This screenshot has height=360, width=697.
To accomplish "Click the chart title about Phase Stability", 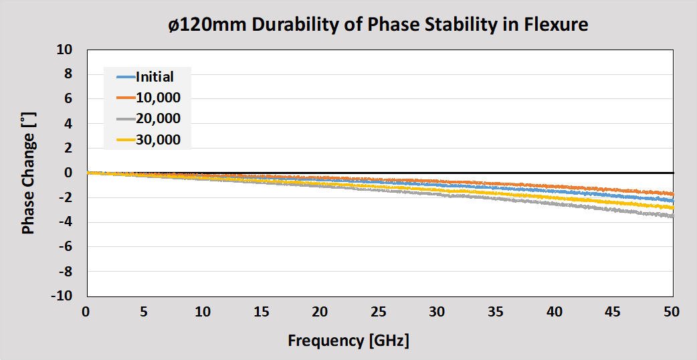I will [x=378, y=25].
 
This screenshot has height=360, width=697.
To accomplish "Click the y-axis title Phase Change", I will [x=28, y=173].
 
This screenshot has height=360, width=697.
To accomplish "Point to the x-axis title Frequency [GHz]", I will [x=348, y=341].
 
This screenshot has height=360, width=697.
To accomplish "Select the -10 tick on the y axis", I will [x=62, y=296].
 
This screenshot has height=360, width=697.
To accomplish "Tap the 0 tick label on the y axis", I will [x=68, y=173].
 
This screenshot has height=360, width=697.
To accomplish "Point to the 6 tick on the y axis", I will [x=68, y=99].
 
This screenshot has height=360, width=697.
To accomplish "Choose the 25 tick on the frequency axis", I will [x=379, y=312].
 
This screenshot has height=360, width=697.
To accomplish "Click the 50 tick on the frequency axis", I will [x=672, y=312].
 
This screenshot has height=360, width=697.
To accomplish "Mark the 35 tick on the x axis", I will [x=496, y=312].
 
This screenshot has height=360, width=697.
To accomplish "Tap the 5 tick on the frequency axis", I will [x=144, y=312].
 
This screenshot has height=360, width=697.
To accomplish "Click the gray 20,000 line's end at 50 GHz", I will [x=672, y=216].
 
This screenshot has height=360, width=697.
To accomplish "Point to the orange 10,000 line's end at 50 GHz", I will [x=672, y=193].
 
